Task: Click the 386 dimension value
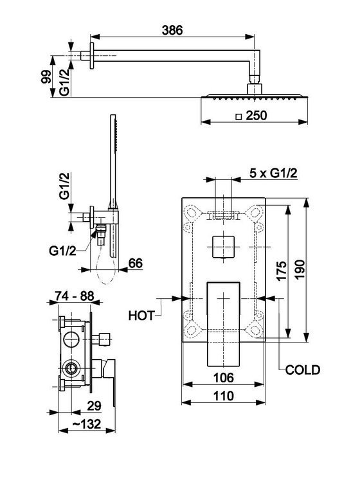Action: [x=172, y=30]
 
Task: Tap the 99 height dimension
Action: [x=46, y=76]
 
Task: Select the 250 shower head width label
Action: [x=256, y=116]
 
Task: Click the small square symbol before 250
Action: [x=239, y=117]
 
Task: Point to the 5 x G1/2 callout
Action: [x=273, y=174]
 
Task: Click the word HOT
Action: [x=141, y=316]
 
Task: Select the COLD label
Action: [x=303, y=370]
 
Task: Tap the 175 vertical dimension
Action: [x=282, y=271]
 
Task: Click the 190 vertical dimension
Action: [x=300, y=269]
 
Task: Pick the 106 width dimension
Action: [x=224, y=377]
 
